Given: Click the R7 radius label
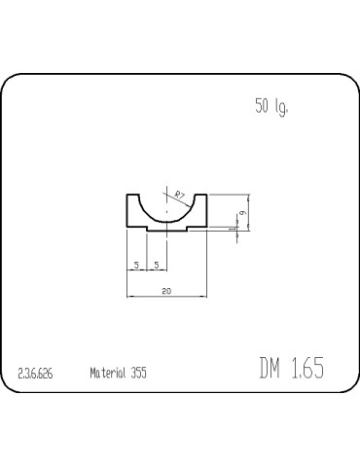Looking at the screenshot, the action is tap(179, 196).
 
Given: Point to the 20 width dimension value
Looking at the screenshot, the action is tap(166, 291).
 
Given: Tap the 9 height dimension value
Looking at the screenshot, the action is tap(242, 213).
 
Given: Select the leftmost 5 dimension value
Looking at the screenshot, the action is tap(136, 265).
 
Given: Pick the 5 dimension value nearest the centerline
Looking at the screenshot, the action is tap(157, 265).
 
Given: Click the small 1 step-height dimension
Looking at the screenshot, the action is tap(232, 229).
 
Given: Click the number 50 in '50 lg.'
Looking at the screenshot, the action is tap(262, 105).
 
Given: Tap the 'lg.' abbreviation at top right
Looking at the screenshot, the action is tap(281, 107).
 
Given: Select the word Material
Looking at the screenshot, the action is tap(108, 373).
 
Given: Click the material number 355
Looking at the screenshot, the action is tap(139, 373).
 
